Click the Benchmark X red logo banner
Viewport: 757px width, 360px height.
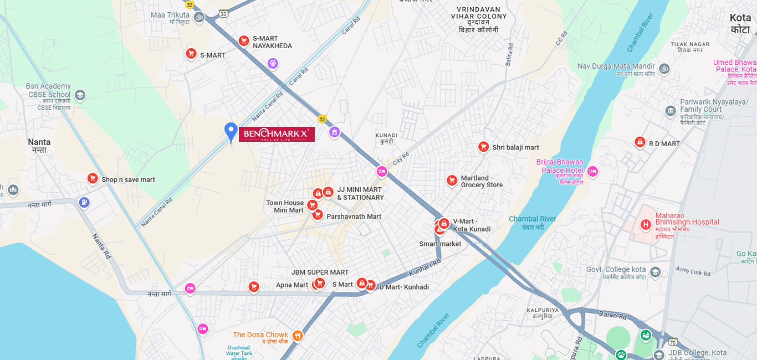click(277, 134)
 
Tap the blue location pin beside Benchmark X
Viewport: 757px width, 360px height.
click(231, 131)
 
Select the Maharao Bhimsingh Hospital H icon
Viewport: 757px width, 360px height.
click(645, 225)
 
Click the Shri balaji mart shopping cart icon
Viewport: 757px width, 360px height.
click(483, 147)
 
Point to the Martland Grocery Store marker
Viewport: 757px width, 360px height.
click(452, 181)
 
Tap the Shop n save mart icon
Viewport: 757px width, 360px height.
click(93, 178)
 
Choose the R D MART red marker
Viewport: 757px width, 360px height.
click(640, 142)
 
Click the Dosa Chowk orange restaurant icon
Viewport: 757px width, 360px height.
click(298, 335)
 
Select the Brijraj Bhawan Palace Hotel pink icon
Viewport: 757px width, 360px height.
click(592, 171)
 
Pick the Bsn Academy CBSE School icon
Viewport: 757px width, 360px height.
click(80, 95)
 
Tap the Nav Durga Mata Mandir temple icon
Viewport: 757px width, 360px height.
click(664, 69)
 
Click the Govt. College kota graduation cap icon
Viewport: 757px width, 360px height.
click(655, 272)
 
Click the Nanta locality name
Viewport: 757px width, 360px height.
click(39, 142)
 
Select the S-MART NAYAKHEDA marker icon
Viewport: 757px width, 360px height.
click(243, 40)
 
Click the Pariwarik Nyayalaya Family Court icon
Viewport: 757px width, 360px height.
click(671, 111)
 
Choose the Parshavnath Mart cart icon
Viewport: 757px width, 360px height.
click(318, 215)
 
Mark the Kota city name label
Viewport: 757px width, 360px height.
click(740, 18)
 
